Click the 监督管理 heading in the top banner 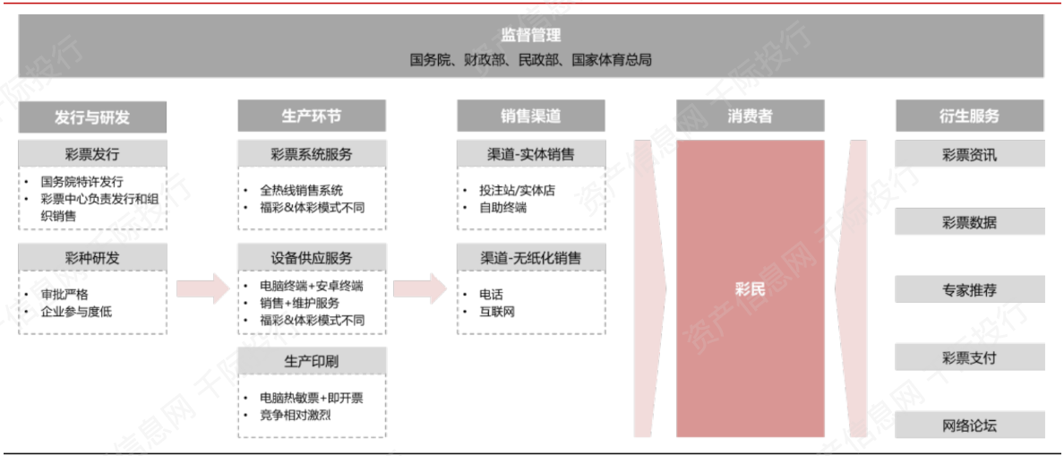pyautogui.click(x=530, y=36)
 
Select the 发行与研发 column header pyautogui.click(x=92, y=117)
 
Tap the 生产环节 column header pyautogui.click(x=312, y=116)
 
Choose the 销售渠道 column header pyautogui.click(x=531, y=116)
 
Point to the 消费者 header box pyautogui.click(x=751, y=116)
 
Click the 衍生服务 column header pyautogui.click(x=969, y=116)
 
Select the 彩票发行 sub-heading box pyautogui.click(x=92, y=154)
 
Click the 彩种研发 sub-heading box pyautogui.click(x=92, y=258)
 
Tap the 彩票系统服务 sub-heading pyautogui.click(x=312, y=154)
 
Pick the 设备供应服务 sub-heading pyautogui.click(x=312, y=258)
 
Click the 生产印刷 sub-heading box pyautogui.click(x=312, y=361)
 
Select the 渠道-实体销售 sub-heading pyautogui.click(x=531, y=154)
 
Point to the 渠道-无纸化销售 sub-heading pyautogui.click(x=531, y=258)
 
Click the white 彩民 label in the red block pyautogui.click(x=751, y=290)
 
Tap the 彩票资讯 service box pyautogui.click(x=969, y=154)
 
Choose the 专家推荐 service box pyautogui.click(x=969, y=290)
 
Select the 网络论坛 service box pyautogui.click(x=969, y=426)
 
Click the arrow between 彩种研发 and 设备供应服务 pyautogui.click(x=202, y=288)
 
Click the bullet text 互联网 pyautogui.click(x=497, y=312)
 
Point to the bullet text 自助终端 pyautogui.click(x=502, y=208)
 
